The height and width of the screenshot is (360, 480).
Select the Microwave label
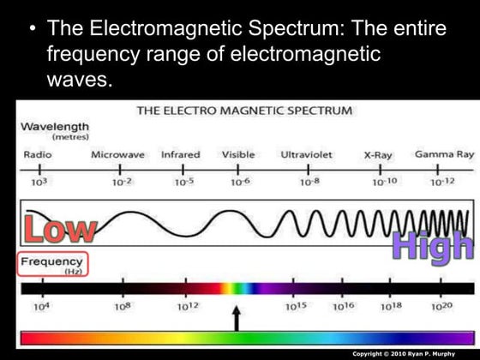118,154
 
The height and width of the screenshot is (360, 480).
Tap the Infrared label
180,154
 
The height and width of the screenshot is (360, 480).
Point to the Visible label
238,154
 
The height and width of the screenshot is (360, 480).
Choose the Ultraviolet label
306,154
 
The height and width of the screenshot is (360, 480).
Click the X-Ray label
378,155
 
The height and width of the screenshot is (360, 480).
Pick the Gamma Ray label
444,154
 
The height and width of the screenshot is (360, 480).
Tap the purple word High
432,245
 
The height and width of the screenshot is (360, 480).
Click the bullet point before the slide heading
32,29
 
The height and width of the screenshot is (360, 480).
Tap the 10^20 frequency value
441,306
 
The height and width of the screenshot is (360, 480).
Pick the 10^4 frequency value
40,306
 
